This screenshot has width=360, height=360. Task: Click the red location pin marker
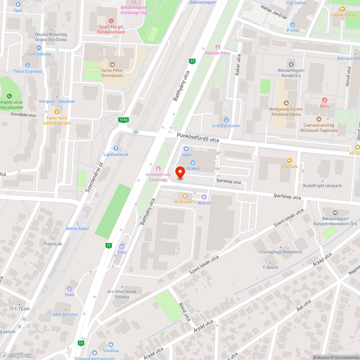tap(180, 172)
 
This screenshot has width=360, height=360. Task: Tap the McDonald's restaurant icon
tap(185, 196)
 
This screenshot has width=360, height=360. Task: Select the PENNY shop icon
tap(193, 163)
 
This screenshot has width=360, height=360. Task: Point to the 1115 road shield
tap(123, 119)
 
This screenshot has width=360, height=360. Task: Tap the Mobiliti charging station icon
tap(204, 197)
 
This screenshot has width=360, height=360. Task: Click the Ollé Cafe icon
tap(289, 161)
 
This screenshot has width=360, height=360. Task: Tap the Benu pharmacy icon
tap(324, 100)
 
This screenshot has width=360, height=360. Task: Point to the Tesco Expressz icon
tap(28, 65)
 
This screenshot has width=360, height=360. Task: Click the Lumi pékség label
tap(39, 54)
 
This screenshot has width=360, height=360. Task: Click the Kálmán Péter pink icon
tap(217, 47)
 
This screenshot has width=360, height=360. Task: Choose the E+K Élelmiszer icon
tap(226, 120)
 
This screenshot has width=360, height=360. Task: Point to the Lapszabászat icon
tap(116, 148)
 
